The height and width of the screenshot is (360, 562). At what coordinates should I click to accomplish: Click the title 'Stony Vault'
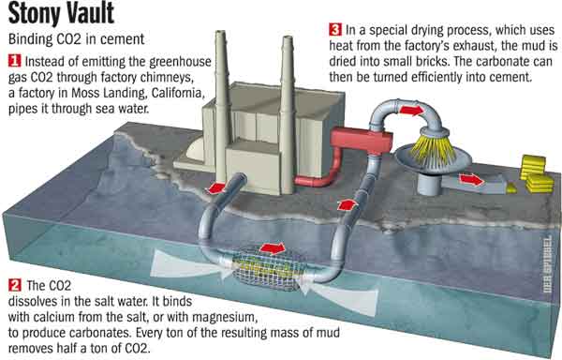(x=61, y=14)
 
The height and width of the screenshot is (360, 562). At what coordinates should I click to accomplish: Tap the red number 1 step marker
(x=15, y=61)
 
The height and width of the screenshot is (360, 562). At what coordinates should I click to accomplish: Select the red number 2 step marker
(x=15, y=285)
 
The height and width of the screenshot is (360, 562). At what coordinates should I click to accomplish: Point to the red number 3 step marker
(x=335, y=29)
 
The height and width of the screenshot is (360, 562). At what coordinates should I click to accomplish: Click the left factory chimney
(x=221, y=107)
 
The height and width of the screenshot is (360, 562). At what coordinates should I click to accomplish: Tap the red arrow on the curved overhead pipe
(x=411, y=110)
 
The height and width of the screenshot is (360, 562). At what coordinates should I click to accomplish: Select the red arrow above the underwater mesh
(x=274, y=247)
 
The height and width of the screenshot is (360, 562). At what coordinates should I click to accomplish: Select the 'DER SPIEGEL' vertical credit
(x=547, y=263)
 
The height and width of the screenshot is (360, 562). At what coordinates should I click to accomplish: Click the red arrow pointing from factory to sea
(x=215, y=187)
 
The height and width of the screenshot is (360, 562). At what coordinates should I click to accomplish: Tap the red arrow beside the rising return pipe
(x=348, y=205)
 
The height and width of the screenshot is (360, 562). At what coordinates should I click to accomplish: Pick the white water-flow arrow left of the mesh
(x=191, y=266)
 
